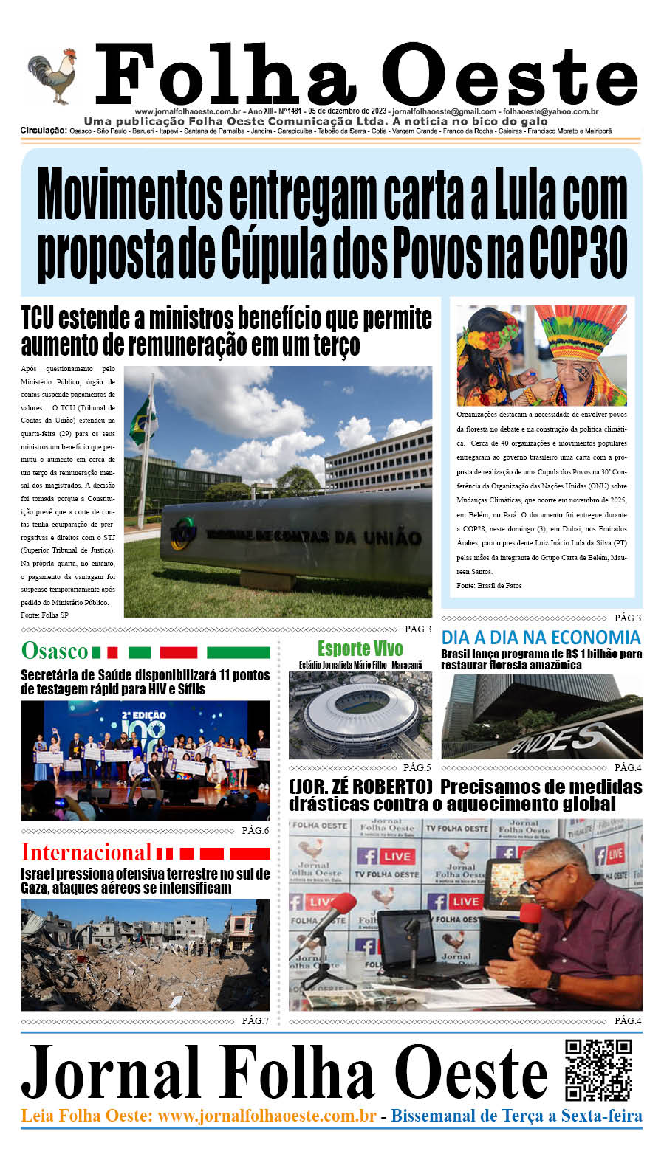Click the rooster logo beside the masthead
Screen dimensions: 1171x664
[x=54, y=78]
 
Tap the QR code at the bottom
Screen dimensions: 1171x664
[x=598, y=1070]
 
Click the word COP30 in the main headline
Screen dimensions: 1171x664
[x=578, y=252]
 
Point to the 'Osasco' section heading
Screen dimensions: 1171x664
[x=55, y=651]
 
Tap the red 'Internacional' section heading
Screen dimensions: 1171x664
[x=86, y=852]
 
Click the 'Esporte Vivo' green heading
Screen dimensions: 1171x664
[x=360, y=649]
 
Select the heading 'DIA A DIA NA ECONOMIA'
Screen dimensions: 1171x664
[x=541, y=638]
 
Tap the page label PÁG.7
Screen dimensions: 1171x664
[x=256, y=1020]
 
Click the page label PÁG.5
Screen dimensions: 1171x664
[x=417, y=767]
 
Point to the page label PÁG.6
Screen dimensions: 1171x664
[x=256, y=830]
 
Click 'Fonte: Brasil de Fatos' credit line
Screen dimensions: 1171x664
[x=489, y=585]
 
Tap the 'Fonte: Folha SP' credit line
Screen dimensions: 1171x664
[x=44, y=615]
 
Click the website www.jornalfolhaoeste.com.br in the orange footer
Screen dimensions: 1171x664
[x=267, y=1116]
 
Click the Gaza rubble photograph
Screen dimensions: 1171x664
[x=146, y=955]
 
